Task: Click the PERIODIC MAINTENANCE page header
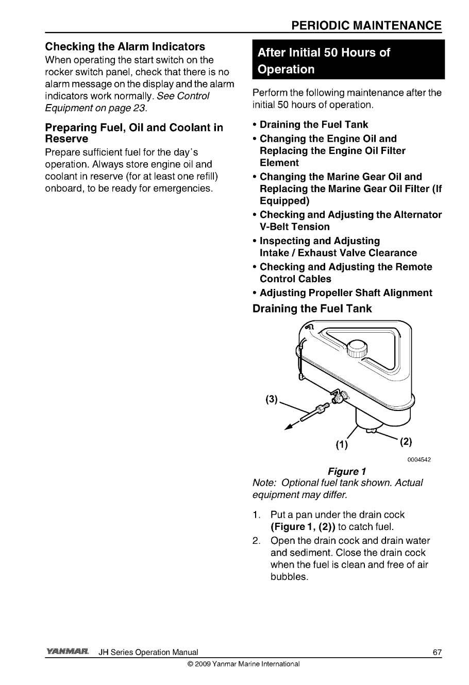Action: tap(365, 26)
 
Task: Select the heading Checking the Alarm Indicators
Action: tap(125, 47)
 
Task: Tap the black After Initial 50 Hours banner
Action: tap(348, 61)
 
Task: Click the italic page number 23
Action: tap(138, 108)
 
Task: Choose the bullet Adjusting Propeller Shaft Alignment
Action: tap(346, 293)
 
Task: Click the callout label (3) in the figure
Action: tap(272, 400)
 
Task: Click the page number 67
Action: tap(437, 653)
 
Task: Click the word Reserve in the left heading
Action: tap(66, 139)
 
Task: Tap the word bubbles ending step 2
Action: tap(289, 576)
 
